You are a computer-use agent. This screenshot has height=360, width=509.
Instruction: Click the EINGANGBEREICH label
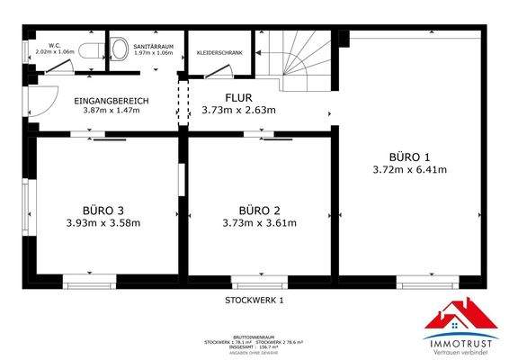112,100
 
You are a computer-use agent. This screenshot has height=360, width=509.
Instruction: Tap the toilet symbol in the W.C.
88,51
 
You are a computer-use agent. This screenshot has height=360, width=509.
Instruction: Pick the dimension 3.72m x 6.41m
410,168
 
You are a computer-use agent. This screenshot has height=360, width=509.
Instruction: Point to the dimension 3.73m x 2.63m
238,111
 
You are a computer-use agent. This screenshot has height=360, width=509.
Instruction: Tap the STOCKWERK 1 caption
254,300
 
